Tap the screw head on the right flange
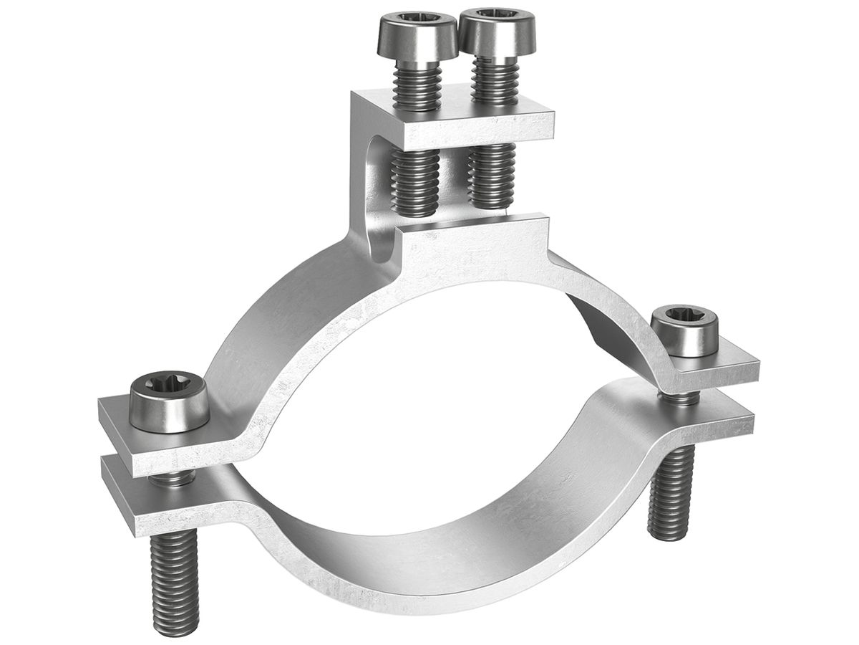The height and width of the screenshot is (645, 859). pyautogui.click(x=684, y=331)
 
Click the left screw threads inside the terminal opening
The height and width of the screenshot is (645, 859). pyautogui.click(x=415, y=183)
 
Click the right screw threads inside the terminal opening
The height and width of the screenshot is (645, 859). pyautogui.click(x=492, y=176)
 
